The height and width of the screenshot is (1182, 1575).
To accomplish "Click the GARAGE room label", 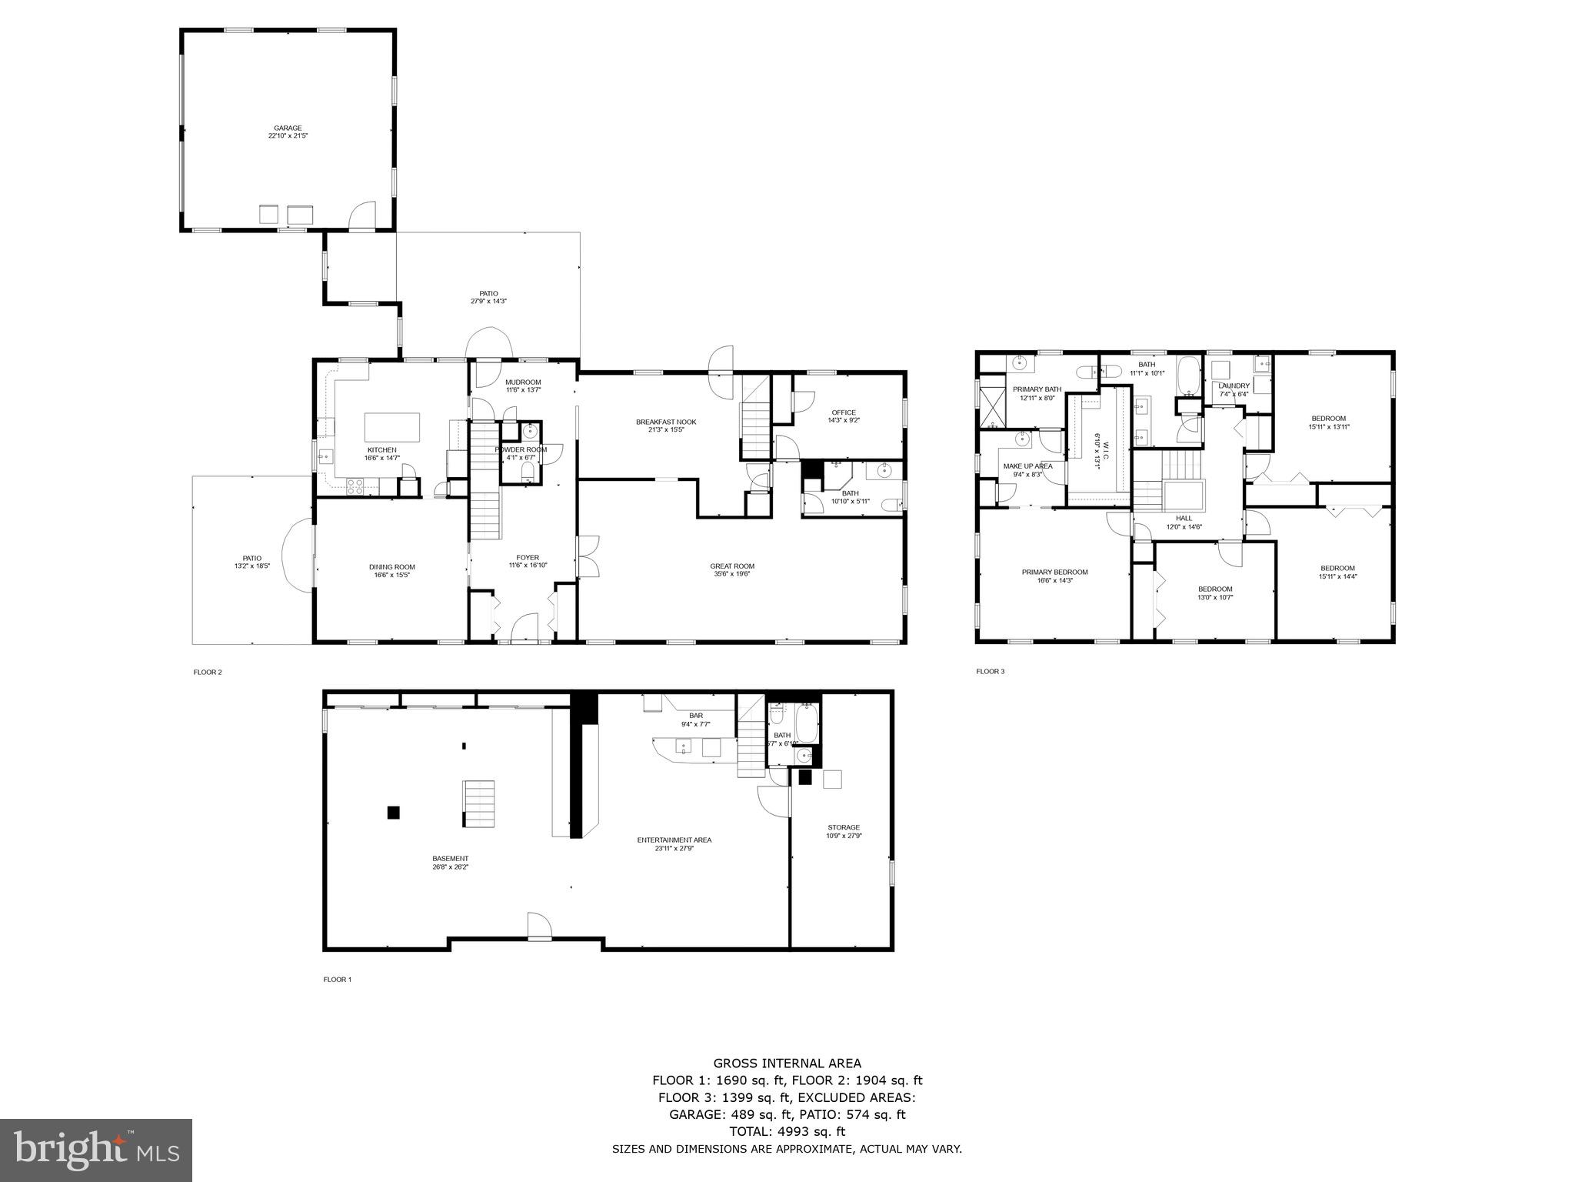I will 288,129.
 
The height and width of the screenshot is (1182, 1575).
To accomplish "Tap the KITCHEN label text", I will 381,450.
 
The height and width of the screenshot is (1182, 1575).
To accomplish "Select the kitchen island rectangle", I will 392,427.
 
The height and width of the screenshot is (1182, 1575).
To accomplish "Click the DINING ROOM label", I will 391,567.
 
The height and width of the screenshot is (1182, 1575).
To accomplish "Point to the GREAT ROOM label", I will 732,566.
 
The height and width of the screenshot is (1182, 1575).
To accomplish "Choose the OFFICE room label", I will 844,412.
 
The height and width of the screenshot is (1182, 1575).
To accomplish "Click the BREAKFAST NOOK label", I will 665,422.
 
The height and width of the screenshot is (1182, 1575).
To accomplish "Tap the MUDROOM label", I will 523,382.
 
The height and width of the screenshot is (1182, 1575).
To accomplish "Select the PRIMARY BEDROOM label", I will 1054,572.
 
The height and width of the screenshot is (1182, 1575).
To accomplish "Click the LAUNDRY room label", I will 1234,386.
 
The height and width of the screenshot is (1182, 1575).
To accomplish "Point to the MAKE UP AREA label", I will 1027,466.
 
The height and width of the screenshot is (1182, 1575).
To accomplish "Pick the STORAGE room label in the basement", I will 843,827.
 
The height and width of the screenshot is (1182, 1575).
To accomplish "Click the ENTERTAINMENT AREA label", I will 674,840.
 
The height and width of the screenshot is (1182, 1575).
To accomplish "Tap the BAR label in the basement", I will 695,716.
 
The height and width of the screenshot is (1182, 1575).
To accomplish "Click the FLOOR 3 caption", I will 990,671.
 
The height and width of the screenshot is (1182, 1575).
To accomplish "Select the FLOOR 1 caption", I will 337,980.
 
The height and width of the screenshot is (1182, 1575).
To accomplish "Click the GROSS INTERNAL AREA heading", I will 787,1063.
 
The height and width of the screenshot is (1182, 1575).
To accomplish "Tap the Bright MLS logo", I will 96,1150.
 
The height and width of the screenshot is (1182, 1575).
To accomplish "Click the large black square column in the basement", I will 394,812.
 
